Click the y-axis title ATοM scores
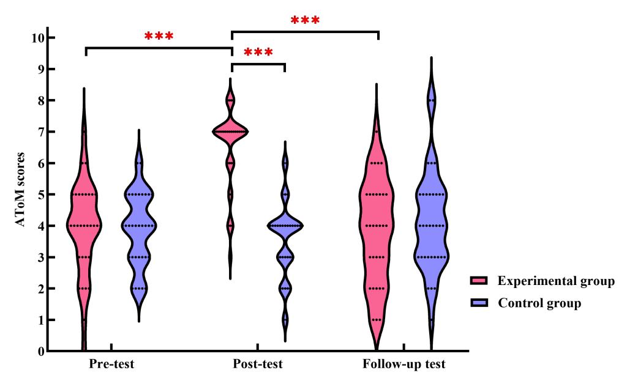21,190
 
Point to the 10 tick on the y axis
37,38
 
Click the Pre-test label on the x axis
111,365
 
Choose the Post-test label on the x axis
258,365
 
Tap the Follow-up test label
404,365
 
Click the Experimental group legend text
556,281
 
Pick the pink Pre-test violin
84,225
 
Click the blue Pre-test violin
139,225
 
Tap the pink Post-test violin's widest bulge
230,131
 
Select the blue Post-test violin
285,226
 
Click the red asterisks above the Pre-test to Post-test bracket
159,36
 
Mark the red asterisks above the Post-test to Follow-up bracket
305,21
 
